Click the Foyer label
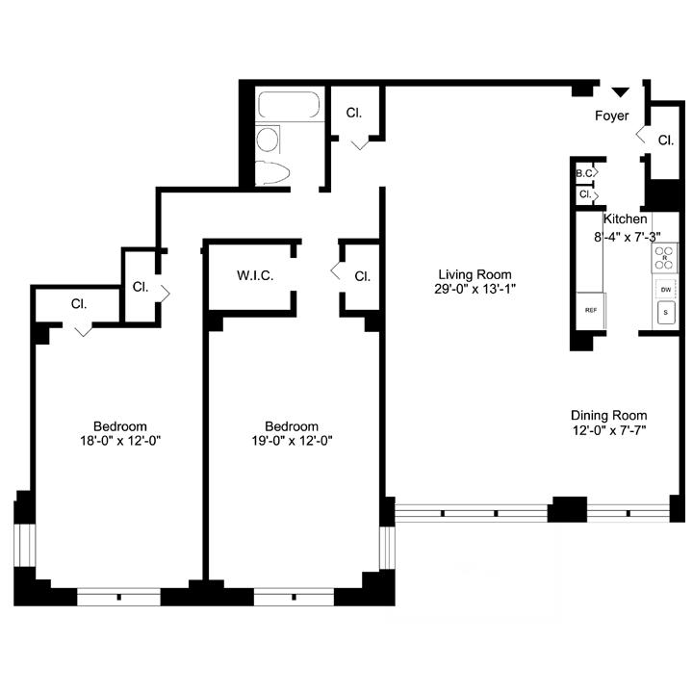(x=612, y=115)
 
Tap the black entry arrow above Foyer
(x=620, y=92)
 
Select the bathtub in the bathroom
(x=289, y=105)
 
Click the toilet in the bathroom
(x=272, y=173)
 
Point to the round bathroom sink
(x=268, y=140)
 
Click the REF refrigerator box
(x=591, y=310)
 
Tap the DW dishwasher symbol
(x=666, y=290)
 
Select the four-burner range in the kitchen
(x=664, y=258)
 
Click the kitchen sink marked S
(x=666, y=313)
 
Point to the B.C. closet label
(x=584, y=173)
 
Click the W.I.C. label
(x=255, y=276)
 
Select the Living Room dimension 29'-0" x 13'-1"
(x=475, y=289)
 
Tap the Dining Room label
(x=609, y=416)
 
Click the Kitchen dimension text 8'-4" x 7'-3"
(x=628, y=238)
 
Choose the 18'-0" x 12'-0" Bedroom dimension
(x=120, y=441)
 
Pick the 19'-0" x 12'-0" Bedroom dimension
(x=292, y=441)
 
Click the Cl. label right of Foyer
(x=666, y=141)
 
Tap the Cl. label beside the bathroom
(x=353, y=114)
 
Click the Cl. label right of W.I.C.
(x=362, y=276)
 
